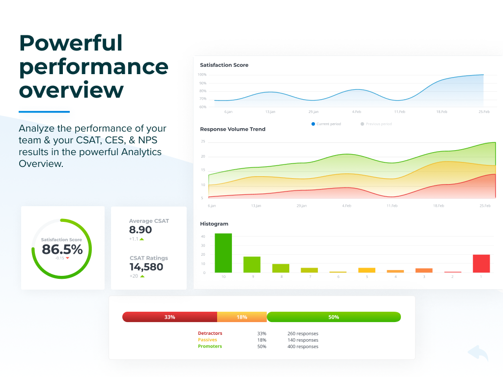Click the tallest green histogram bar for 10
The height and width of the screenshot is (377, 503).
[x=223, y=253]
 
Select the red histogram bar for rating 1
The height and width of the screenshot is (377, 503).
[x=481, y=264]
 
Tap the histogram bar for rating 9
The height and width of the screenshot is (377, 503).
[x=252, y=265]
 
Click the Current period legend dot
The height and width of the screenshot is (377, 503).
[x=313, y=124]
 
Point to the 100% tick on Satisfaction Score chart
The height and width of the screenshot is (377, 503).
[x=202, y=75]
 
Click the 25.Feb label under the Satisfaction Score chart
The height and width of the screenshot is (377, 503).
[x=484, y=112]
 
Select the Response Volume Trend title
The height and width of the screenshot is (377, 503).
[x=232, y=129]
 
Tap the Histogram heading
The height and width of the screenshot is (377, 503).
[x=214, y=224]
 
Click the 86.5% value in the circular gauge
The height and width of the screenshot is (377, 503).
[x=62, y=249]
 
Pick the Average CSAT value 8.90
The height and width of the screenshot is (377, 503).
[x=140, y=230]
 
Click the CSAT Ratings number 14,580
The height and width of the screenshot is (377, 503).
[x=146, y=267]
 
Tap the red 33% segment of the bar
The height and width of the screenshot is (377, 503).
[x=169, y=317]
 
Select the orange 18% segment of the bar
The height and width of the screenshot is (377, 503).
[x=242, y=317]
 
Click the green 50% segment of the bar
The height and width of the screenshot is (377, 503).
[x=334, y=317]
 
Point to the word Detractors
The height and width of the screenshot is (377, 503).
[x=210, y=333]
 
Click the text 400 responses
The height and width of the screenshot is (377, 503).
[x=303, y=347]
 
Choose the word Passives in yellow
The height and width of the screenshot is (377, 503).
[x=207, y=340]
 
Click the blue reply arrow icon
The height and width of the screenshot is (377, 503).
[x=478, y=352]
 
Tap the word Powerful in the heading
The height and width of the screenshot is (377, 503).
[x=71, y=43]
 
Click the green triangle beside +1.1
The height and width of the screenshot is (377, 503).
[x=142, y=239]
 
